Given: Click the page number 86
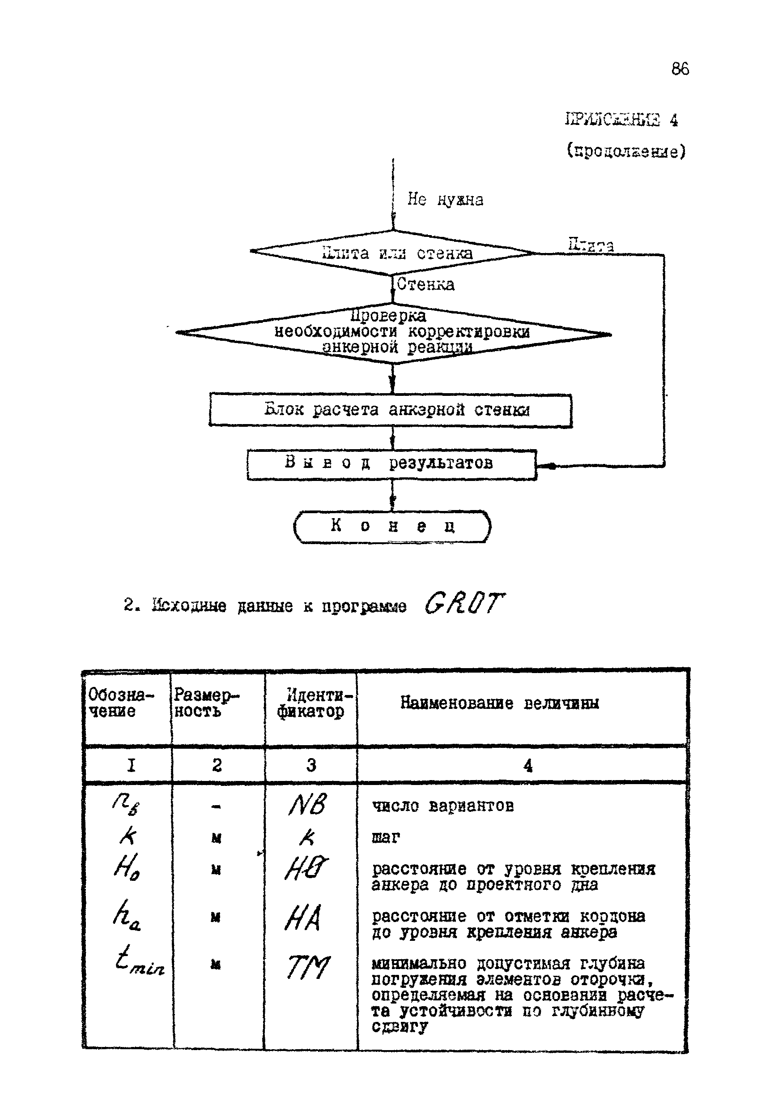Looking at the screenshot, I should point(680,69).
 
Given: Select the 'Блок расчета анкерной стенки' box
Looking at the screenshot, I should point(391,410).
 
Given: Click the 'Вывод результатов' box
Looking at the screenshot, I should point(392,464).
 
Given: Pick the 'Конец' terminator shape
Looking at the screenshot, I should point(392,526).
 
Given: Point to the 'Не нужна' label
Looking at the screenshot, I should point(445,199).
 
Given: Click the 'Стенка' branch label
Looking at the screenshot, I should point(425,284).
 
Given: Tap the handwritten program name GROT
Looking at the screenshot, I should point(463,604).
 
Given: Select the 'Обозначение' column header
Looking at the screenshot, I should point(120,703).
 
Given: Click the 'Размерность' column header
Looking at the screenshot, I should point(205,703).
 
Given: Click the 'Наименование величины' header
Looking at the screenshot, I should point(499,703).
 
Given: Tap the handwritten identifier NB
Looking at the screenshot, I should point(308,806).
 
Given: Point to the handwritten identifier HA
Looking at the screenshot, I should point(303,918).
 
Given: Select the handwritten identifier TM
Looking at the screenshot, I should point(308,967).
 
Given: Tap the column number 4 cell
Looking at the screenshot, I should point(527,766).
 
